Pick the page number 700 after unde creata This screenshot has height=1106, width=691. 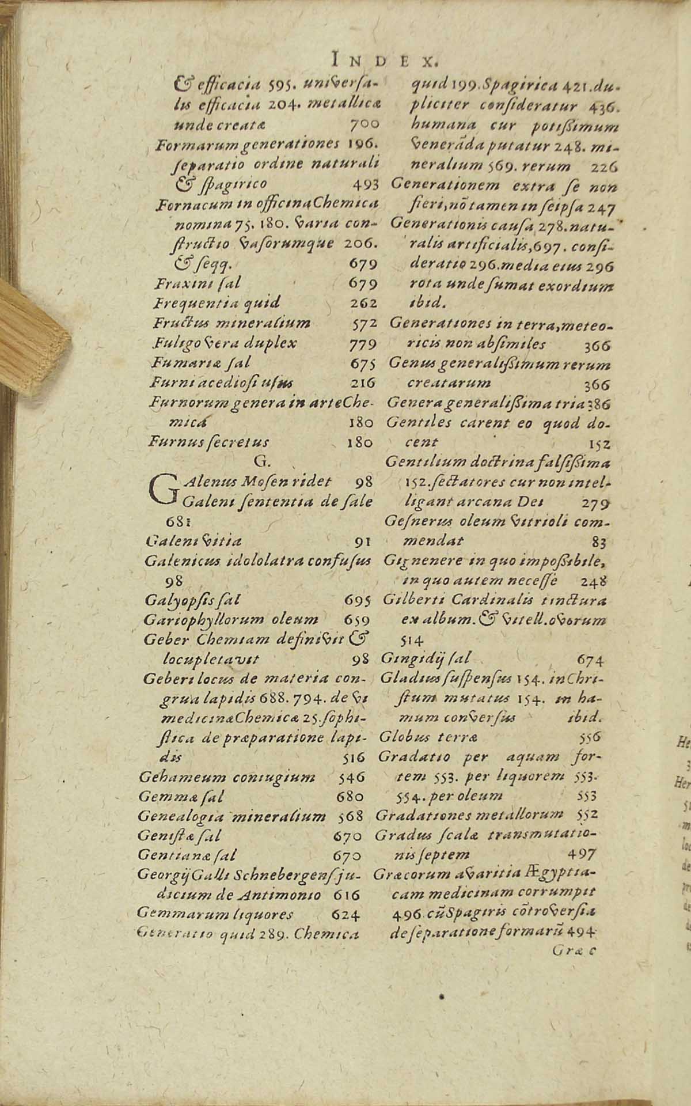pos(364,124)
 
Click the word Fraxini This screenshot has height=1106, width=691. pos(175,283)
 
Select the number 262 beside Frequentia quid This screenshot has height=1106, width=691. pos(363,302)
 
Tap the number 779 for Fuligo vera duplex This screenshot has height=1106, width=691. pos(363,344)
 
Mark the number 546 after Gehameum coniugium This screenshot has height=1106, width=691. pos(352,777)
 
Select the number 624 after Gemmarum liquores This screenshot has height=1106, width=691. pos(346,915)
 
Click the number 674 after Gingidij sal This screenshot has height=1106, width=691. pos(590,660)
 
